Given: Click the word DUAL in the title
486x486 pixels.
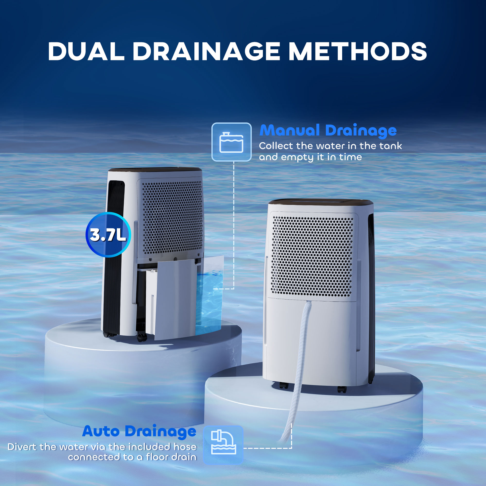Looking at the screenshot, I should click(x=86, y=52).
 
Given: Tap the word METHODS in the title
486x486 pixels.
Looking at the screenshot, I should click(x=357, y=52).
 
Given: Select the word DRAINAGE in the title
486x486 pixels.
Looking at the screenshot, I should click(x=206, y=52).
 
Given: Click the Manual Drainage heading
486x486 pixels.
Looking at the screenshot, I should click(x=328, y=130).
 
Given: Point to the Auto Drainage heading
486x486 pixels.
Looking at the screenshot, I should click(x=139, y=431).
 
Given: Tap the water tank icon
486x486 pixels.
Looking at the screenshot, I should click(x=231, y=142).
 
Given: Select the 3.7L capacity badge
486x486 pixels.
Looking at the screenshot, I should click(x=108, y=235).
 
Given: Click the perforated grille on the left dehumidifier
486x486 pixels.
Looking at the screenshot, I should click(x=172, y=217).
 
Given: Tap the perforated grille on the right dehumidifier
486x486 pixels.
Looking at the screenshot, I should click(x=312, y=255).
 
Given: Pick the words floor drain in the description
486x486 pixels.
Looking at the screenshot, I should click(x=171, y=457).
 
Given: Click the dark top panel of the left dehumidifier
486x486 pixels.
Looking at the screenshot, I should click(x=155, y=169).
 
